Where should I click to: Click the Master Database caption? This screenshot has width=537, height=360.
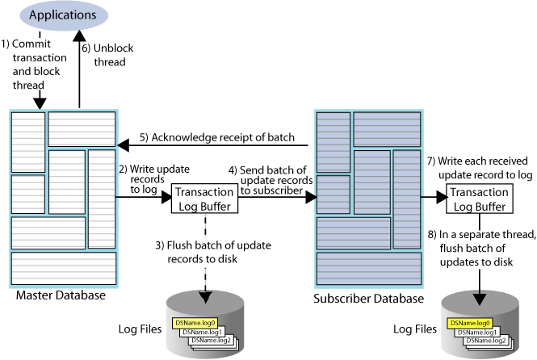point(60,296)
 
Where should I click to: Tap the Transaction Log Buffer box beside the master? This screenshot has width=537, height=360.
point(206,199)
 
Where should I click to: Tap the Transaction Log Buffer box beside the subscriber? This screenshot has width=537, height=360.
point(479,199)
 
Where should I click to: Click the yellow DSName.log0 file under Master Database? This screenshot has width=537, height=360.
point(192,323)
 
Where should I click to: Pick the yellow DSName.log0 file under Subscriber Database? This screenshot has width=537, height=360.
point(467,322)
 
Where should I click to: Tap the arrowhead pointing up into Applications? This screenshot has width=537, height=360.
point(79,36)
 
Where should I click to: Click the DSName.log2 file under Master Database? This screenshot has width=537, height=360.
point(212,341)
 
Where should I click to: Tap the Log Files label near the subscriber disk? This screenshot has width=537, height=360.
point(414,329)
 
